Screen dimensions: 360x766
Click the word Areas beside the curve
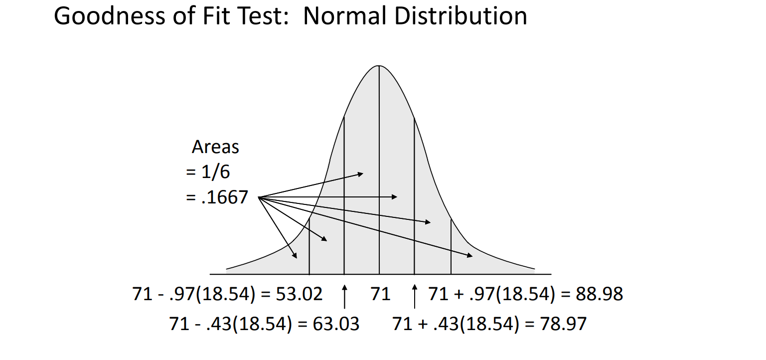tap(215, 148)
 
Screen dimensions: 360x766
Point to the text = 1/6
tap(208, 172)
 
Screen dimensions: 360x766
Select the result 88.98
tap(600, 294)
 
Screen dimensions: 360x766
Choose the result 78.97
tap(564, 324)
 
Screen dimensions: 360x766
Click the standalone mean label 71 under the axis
tap(381, 294)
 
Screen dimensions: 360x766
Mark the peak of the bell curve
tap(379, 66)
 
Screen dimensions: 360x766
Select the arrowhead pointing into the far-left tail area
tap(295, 256)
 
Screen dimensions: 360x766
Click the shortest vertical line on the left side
tap(309, 247)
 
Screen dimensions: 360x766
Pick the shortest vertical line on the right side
tap(451, 247)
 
